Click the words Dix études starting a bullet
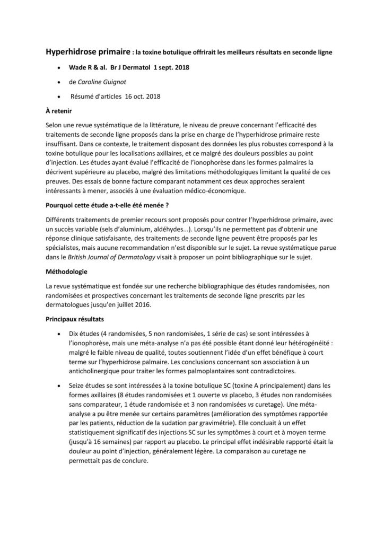(x=84, y=334)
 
